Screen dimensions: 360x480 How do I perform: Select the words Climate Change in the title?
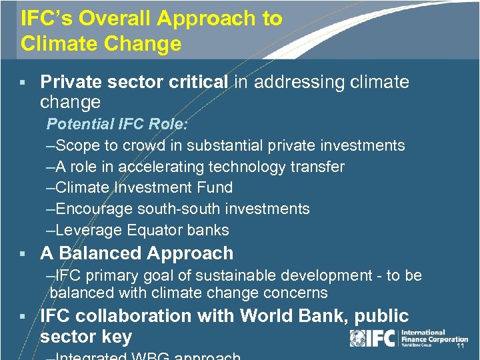pos(101,44)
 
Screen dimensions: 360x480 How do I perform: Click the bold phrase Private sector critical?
pos(134,82)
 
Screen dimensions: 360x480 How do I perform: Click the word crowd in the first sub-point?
pos(161,145)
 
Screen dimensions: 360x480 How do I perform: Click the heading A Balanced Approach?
pos(137,253)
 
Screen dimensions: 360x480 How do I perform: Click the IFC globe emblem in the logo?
pos(357,338)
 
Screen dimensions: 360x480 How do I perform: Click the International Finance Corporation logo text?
pos(433,337)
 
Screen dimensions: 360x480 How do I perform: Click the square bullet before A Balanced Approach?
pos(23,254)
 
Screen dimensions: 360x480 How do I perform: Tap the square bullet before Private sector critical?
pos(23,83)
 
